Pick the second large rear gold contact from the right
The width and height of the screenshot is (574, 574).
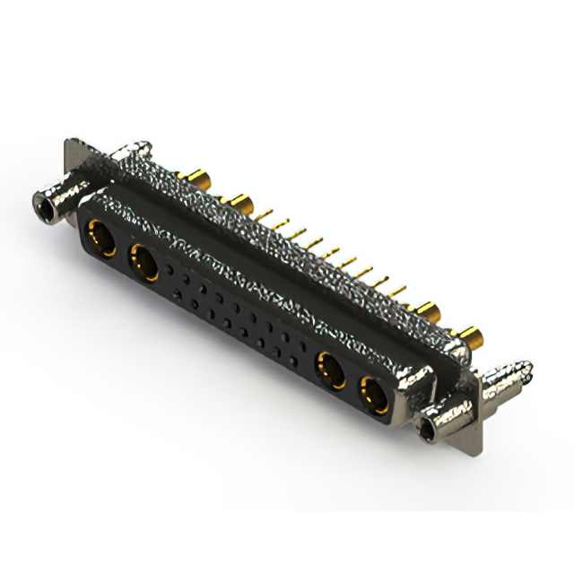click(429, 313)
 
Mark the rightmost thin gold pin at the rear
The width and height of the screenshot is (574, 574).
click(398, 291)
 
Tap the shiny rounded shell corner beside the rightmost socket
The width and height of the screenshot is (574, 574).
click(409, 384)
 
